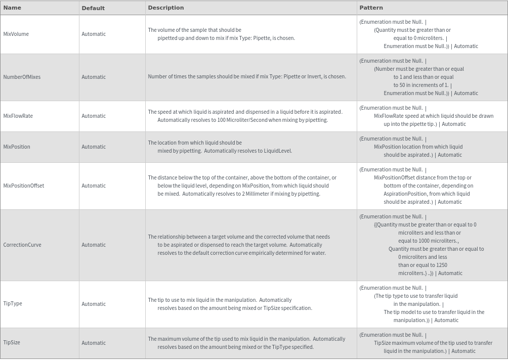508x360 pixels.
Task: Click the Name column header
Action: pos(12,8)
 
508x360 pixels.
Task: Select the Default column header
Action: pos(93,8)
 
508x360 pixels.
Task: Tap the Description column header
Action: pos(166,8)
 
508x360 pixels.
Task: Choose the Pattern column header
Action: pos(371,8)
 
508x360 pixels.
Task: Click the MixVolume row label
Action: pos(16,34)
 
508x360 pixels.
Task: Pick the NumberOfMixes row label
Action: pos(22,77)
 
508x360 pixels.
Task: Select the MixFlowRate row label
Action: pos(18,116)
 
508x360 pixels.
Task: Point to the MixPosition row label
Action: pos(17,147)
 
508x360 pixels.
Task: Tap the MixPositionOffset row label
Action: pos(24,186)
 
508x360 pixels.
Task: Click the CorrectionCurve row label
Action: pos(22,245)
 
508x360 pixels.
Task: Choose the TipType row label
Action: pos(13,303)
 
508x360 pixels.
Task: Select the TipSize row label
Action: pos(12,342)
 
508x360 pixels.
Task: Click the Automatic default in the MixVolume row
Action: pos(94,34)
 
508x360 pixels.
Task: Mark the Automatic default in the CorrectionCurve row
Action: pos(94,245)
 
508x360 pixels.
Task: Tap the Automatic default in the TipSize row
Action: pos(94,342)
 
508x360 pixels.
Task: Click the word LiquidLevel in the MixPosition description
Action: pos(277,151)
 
